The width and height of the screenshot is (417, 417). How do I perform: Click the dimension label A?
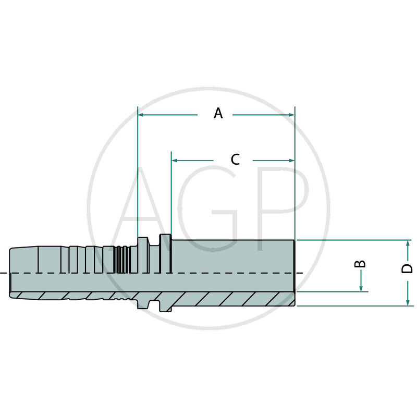click(x=218, y=113)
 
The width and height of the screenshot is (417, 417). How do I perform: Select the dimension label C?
click(x=235, y=160)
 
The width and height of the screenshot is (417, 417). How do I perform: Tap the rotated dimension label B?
click(x=360, y=263)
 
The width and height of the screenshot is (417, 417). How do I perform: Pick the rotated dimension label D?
click(x=408, y=268)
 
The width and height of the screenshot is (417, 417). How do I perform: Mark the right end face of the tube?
click(x=295, y=272)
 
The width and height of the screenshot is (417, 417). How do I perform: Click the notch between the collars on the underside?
click(x=153, y=304)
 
